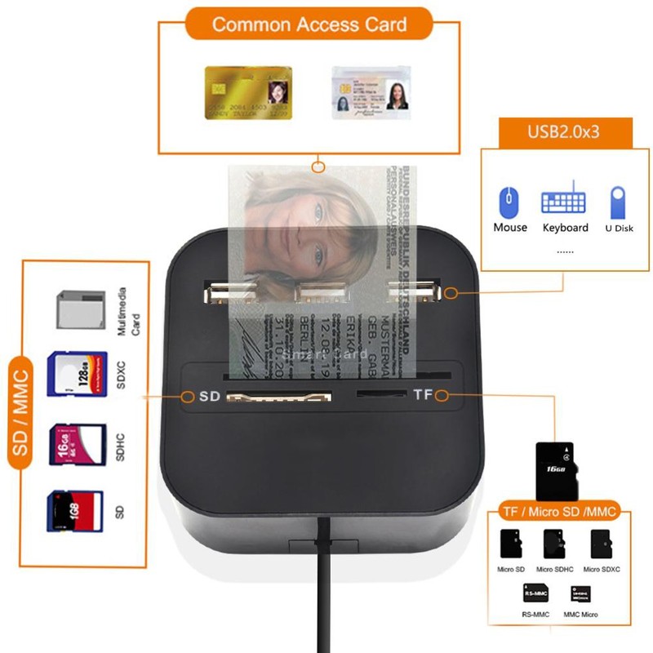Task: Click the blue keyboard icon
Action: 563,201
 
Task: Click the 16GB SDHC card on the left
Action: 78,443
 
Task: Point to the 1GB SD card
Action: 75,511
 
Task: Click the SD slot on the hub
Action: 278,398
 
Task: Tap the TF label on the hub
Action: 422,396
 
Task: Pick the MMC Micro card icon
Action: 581,594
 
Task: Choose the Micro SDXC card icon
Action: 602,543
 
